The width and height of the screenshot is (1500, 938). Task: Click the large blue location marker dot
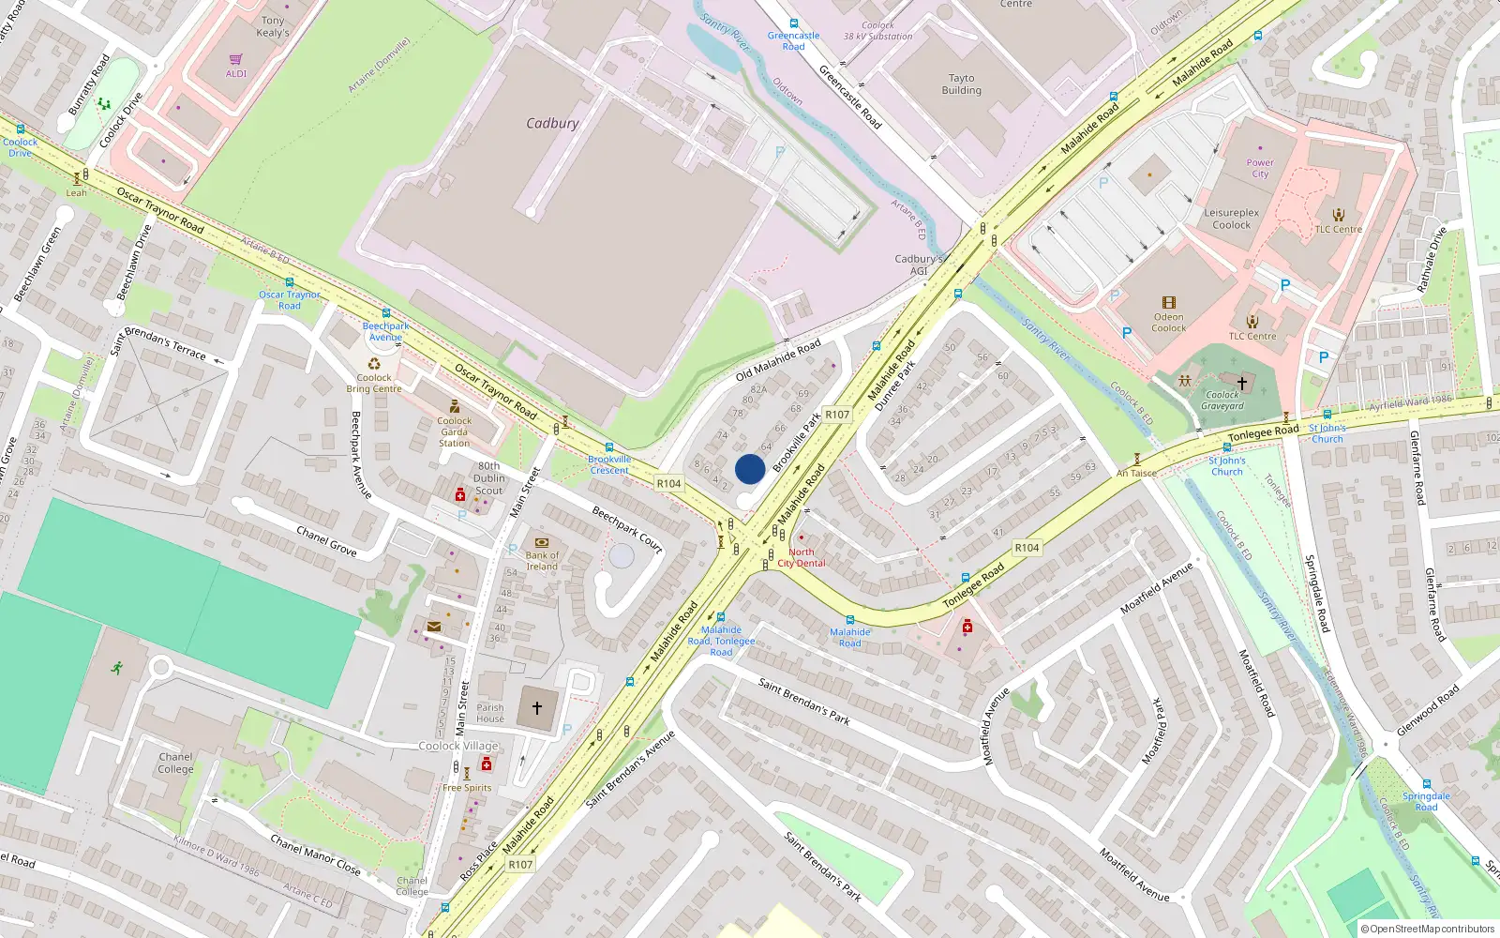750,469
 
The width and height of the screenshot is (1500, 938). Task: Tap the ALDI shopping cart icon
236,59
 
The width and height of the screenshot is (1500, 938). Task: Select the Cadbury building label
552,123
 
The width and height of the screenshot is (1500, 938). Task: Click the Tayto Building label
961,84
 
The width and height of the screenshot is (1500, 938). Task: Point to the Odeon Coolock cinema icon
1168,302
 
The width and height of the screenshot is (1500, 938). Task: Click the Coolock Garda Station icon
455,406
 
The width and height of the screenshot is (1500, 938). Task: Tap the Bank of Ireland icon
541,542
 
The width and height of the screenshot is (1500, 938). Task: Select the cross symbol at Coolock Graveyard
1242,383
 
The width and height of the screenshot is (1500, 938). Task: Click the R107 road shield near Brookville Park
836,415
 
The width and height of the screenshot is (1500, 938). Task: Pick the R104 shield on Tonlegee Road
1027,548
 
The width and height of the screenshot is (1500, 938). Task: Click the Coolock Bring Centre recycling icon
374,364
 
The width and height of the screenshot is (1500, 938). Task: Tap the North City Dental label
802,557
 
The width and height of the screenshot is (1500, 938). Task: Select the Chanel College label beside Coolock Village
175,763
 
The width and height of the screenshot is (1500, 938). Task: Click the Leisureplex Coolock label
1231,219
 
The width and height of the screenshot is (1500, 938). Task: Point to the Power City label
1260,168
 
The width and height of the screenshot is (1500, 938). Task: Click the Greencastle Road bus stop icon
793,24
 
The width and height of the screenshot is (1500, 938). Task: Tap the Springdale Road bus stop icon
1426,784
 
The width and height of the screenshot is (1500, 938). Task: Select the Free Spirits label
467,788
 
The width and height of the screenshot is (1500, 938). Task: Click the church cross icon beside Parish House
537,708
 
